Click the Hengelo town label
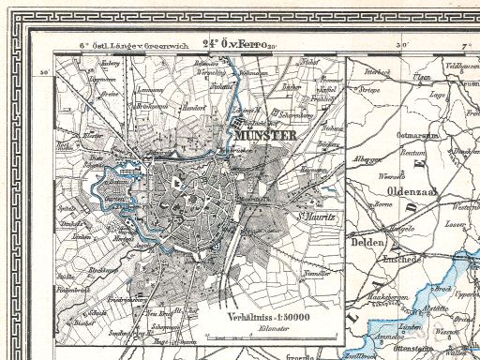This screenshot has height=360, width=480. click(x=402, y=228)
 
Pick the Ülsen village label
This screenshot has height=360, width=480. click(x=423, y=77)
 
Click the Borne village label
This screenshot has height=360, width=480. click(x=382, y=203)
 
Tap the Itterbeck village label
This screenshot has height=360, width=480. click(x=377, y=70)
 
